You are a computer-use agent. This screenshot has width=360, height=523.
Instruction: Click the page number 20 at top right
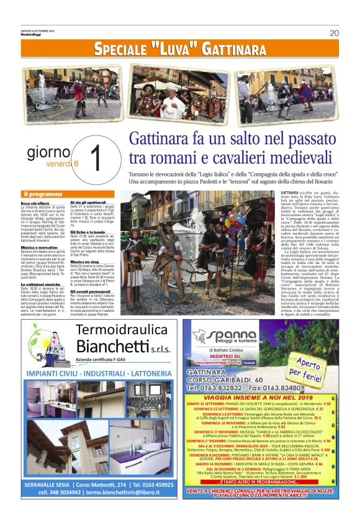(334, 33)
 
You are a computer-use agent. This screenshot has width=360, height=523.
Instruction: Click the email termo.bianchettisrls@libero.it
(127, 509)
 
